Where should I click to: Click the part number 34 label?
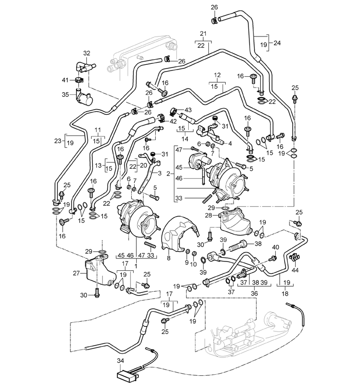pos(121,361)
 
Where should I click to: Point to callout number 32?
pos(86,52)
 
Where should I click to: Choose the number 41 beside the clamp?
pos(64,80)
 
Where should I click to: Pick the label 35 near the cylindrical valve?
pos(65,94)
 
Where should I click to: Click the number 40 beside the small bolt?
pos(275,247)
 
